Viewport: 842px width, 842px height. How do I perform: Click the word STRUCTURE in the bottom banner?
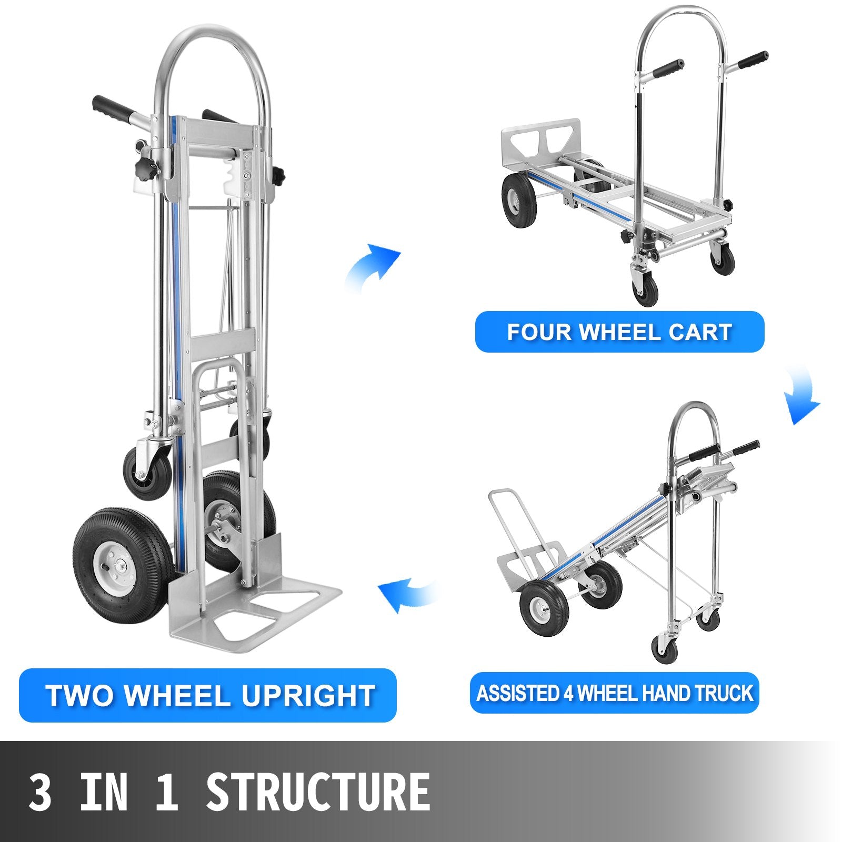point(318,792)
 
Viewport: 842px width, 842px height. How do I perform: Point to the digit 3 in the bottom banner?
point(40,792)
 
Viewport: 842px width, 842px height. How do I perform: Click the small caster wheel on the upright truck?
point(147,471)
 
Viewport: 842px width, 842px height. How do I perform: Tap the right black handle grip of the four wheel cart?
point(752,60)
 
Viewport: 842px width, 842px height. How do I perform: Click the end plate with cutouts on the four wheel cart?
point(542,143)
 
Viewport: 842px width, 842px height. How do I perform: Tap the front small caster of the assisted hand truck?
point(664,650)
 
